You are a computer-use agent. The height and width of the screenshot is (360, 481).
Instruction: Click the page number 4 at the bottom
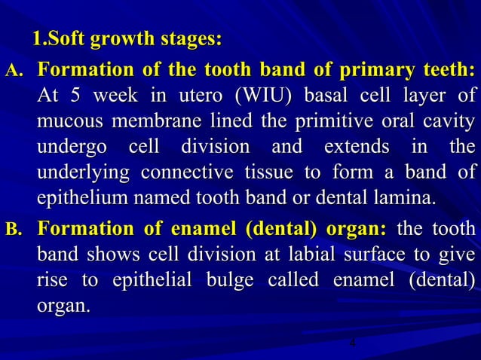click(x=352, y=344)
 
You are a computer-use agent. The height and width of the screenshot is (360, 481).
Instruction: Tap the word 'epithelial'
click(x=158, y=279)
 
